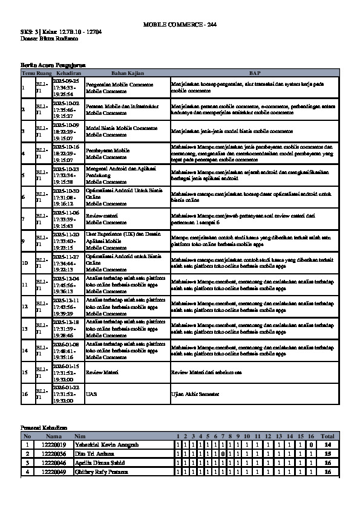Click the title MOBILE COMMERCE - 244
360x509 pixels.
point(179,24)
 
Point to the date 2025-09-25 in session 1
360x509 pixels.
point(66,80)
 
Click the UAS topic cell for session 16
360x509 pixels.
point(91,394)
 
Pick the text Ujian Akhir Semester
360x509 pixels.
point(195,394)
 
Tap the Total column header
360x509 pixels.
point(327,436)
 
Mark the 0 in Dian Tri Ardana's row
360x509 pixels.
point(223,453)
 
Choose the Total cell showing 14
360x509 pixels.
point(327,444)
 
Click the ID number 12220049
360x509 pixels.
point(53,472)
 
